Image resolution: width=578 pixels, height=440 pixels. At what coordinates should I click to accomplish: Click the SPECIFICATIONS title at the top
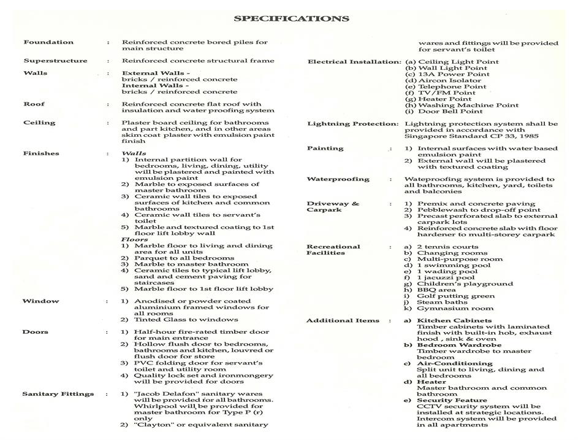pyautogui.click(x=291, y=18)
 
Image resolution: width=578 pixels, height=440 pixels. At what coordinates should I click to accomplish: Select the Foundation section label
pyautogui.click(x=48, y=42)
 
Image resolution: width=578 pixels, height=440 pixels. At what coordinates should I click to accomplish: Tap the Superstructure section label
pyautogui.click(x=56, y=61)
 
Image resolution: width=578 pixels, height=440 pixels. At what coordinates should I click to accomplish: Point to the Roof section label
pyautogui.click(x=34, y=104)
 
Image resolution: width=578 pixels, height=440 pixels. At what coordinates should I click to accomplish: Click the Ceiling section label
pyautogui.click(x=39, y=123)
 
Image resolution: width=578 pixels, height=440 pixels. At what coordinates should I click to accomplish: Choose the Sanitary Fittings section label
pyautogui.click(x=58, y=394)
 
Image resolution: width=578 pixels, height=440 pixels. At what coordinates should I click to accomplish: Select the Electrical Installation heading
pyautogui.click(x=354, y=62)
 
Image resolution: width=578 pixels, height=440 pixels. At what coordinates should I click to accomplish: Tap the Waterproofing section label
pyautogui.click(x=338, y=179)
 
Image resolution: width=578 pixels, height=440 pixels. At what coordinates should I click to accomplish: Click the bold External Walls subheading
pyautogui.click(x=156, y=74)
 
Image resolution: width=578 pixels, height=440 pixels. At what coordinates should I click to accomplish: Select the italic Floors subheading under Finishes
pyautogui.click(x=134, y=239)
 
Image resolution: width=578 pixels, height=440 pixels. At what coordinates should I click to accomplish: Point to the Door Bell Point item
pyautogui.click(x=450, y=112)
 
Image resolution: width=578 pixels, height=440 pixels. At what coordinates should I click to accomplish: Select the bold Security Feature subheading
pyautogui.click(x=452, y=400)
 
